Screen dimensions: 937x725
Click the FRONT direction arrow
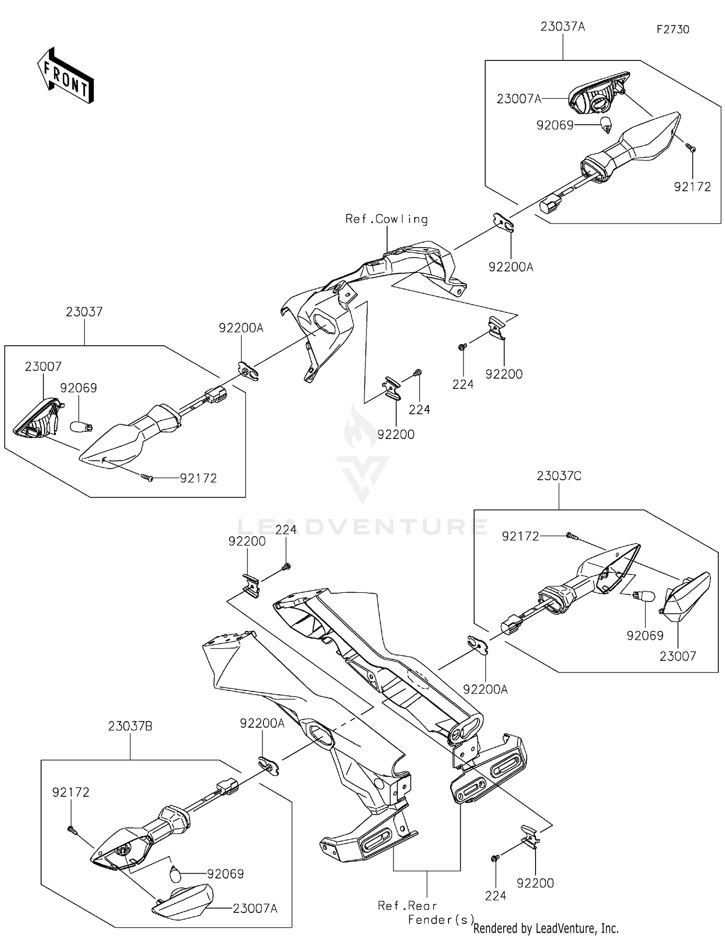[x=65, y=76]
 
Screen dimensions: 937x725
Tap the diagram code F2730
[x=673, y=29]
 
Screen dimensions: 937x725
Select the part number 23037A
[x=563, y=27]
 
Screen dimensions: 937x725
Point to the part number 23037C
[x=559, y=476]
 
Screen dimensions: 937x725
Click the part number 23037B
[x=130, y=726]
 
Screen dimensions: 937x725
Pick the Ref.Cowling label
[x=387, y=220]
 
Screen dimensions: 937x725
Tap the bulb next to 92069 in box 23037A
[x=605, y=125]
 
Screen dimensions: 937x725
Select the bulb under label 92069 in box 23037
[x=80, y=426]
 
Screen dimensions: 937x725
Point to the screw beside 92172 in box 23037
[x=147, y=478]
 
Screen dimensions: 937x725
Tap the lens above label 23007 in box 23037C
[x=686, y=598]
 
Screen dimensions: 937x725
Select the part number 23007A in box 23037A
[x=519, y=99]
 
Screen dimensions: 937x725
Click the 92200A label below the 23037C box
[x=485, y=690]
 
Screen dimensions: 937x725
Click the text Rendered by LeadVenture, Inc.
[x=546, y=928]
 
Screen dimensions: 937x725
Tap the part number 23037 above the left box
[x=84, y=312]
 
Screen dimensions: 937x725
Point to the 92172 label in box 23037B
[x=71, y=792]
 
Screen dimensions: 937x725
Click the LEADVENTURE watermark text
[x=362, y=526]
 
